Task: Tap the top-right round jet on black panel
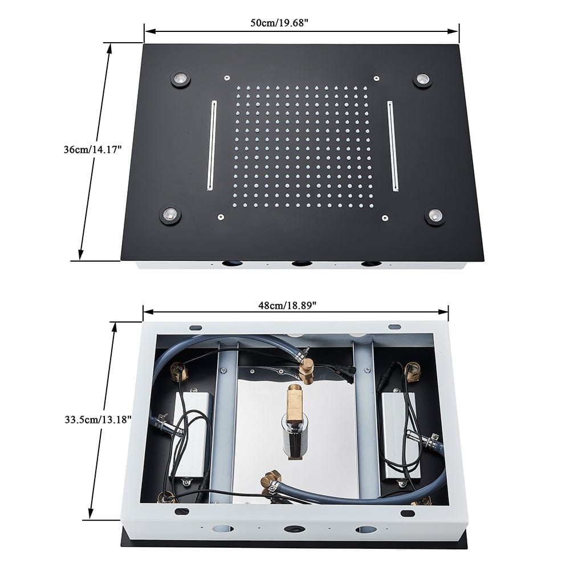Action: [x=422, y=80]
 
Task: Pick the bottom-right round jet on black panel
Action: [x=435, y=215]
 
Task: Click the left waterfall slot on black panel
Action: [x=211, y=145]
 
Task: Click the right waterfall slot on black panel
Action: [x=393, y=146]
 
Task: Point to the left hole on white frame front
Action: [x=220, y=528]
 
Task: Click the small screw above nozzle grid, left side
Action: [x=226, y=77]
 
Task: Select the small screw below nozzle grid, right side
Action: [x=385, y=217]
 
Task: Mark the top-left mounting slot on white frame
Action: [x=196, y=327]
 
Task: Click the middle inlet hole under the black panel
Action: [x=301, y=264]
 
